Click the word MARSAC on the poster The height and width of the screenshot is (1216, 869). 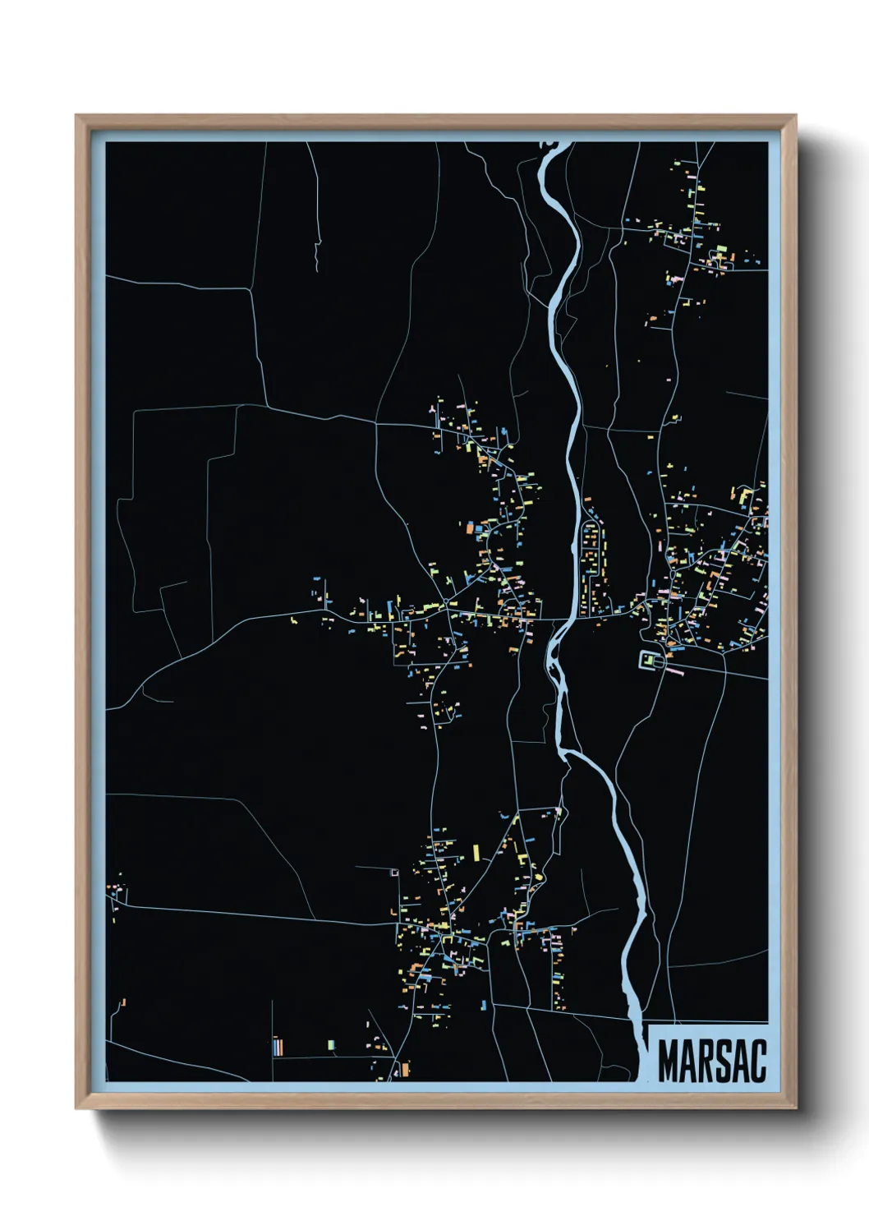click(x=711, y=1061)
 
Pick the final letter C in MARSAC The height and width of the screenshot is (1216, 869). click(x=758, y=1061)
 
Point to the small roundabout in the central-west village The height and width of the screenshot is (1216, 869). click(x=444, y=604)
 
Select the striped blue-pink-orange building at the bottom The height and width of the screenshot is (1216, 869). click(x=278, y=1047)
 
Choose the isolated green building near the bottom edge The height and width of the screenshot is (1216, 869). click(x=331, y=1045)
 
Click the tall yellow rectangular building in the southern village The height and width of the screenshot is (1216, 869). click(x=476, y=852)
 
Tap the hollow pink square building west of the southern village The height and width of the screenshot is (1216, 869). click(x=394, y=873)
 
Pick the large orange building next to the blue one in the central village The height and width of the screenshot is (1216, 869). click(x=471, y=528)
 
